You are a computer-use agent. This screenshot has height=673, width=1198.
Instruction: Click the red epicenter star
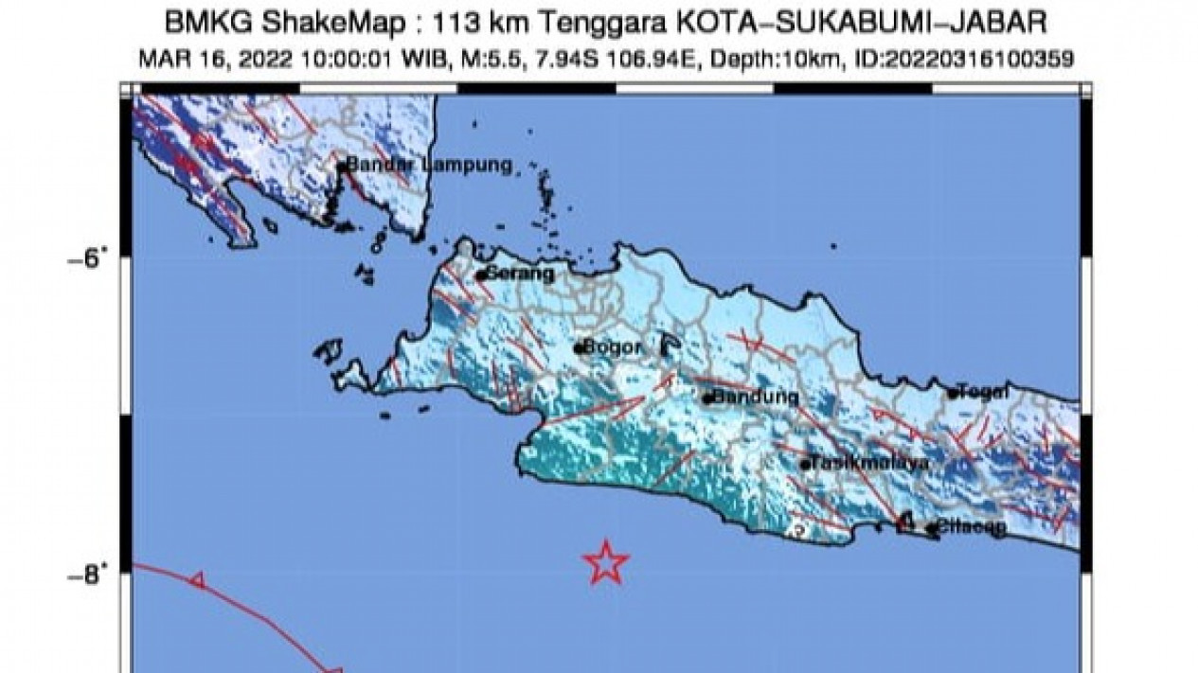[606, 562]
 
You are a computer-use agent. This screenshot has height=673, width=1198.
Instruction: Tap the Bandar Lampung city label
[429, 165]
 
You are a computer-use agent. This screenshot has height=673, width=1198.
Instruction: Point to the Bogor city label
[612, 347]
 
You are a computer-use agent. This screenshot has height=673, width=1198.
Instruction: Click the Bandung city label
[755, 398]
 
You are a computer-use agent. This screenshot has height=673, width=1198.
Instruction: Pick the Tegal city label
[983, 391]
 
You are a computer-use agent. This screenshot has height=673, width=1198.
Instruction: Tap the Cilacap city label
[972, 528]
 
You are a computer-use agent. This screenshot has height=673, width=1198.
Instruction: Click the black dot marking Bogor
[578, 348]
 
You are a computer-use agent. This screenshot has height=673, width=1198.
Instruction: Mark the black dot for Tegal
[953, 394]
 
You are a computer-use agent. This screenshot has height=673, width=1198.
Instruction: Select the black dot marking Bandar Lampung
[341, 168]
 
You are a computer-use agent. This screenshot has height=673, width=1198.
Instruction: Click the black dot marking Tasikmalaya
[805, 465]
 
